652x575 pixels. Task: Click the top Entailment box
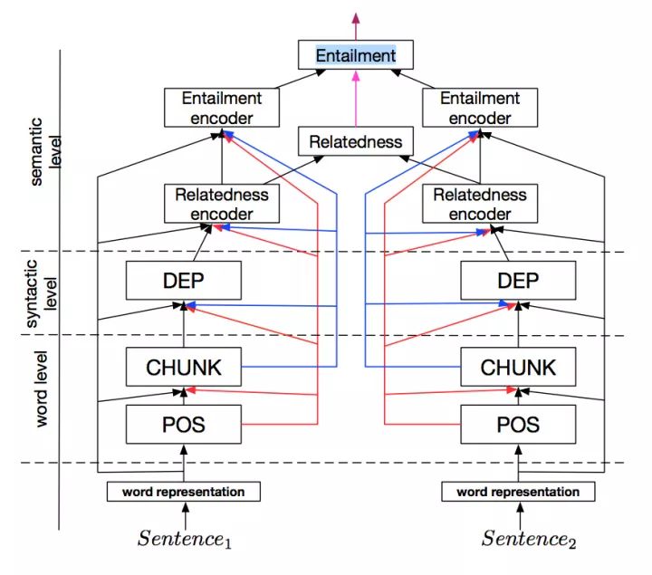coord(355,55)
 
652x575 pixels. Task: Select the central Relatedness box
coord(355,141)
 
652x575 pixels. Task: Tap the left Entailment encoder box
coord(221,108)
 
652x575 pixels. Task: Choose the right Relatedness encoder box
coord(479,204)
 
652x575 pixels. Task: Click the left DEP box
coord(184,280)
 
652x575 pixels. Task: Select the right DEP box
coord(517,280)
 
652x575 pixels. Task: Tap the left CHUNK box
coord(184,368)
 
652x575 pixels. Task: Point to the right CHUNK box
coord(517,368)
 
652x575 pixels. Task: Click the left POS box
coord(184,424)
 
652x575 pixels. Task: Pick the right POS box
coord(517,424)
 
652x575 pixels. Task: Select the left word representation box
coord(184,492)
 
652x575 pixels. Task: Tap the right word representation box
coord(518,492)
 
